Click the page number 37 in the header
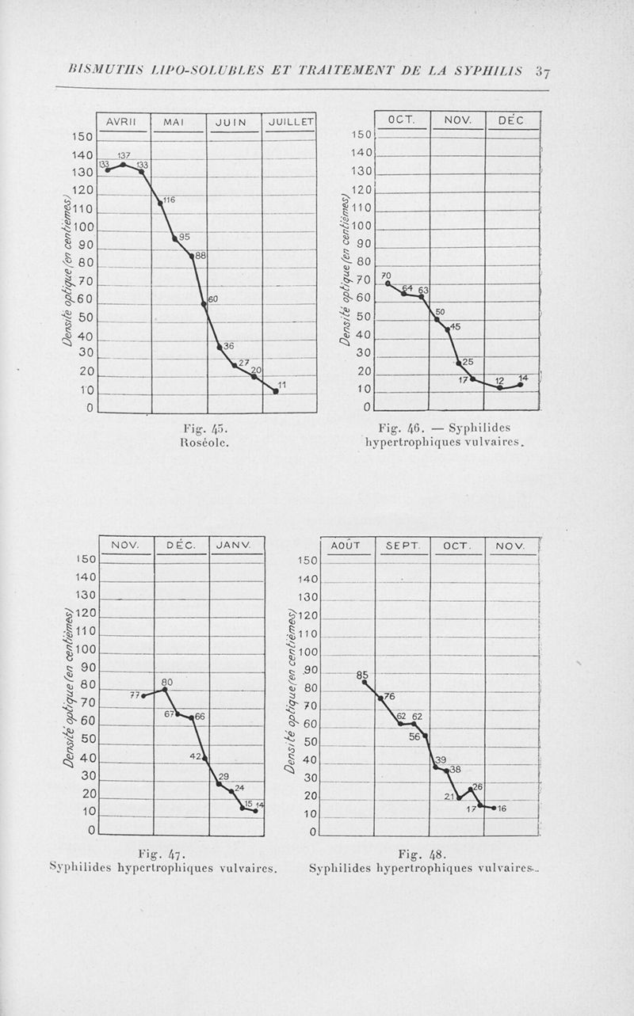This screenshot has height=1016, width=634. pyautogui.click(x=543, y=70)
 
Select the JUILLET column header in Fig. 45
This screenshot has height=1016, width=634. pyautogui.click(x=290, y=122)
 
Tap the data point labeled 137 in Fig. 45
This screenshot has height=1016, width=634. pyautogui.click(x=123, y=164)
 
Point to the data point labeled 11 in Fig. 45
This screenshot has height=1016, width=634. pyautogui.click(x=276, y=391)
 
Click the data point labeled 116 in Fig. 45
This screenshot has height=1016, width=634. pyautogui.click(x=161, y=203)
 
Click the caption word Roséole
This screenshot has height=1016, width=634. pyautogui.click(x=205, y=443)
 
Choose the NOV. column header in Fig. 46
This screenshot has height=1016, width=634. pyautogui.click(x=457, y=120)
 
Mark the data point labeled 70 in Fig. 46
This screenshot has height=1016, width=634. pyautogui.click(x=388, y=283)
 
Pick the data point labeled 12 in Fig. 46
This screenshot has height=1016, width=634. pyautogui.click(x=499, y=387)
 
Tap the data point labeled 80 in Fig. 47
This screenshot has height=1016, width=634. pyautogui.click(x=165, y=690)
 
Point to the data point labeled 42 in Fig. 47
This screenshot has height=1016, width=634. pyautogui.click(x=205, y=758)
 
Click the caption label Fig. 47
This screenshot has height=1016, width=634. pyautogui.click(x=161, y=853)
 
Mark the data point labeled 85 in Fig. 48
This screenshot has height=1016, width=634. pyautogui.click(x=365, y=682)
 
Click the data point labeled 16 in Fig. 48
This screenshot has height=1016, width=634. pyautogui.click(x=494, y=808)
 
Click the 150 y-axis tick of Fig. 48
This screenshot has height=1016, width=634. pyautogui.click(x=307, y=561)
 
